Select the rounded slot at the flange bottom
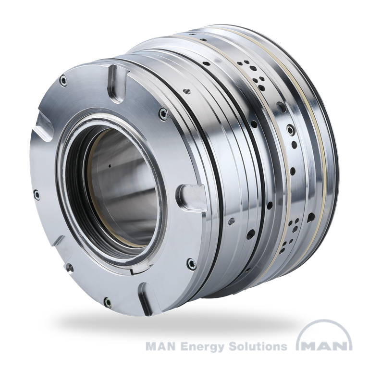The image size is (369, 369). click(x=147, y=299)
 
